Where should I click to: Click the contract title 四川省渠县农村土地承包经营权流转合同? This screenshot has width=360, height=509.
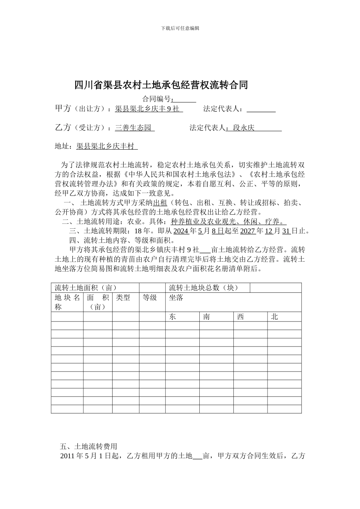(161, 85)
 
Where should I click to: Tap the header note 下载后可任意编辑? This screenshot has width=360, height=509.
(180, 28)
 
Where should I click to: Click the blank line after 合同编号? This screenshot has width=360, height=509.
(185, 99)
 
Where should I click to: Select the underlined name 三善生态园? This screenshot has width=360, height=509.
(134, 128)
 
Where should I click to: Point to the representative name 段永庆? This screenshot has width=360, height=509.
(244, 128)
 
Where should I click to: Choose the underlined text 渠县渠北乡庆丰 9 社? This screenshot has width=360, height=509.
(148, 109)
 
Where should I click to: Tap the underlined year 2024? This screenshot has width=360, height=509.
(181, 231)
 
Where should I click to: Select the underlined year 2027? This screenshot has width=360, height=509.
(248, 231)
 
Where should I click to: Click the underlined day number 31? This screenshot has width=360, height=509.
(286, 231)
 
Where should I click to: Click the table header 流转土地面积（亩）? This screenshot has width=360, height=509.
(86, 288)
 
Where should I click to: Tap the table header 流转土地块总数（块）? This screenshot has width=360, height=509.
(203, 288)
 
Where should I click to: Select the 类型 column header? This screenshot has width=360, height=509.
(123, 298)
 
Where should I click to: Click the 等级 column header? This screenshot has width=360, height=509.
(150, 298)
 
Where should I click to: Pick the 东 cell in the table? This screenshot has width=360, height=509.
(172, 317)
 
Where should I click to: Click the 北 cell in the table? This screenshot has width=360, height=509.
(274, 317)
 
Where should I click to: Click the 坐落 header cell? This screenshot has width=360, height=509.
(176, 298)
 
